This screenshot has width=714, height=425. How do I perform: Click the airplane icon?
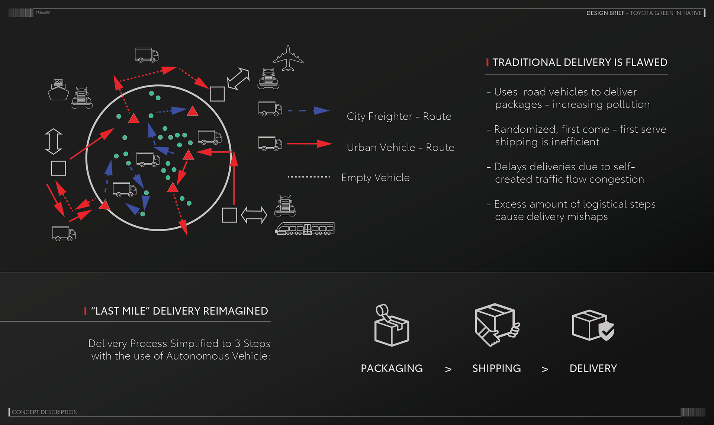[x=288, y=58]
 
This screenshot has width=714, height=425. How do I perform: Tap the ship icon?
[x=58, y=90]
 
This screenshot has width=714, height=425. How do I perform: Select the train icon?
[x=305, y=228]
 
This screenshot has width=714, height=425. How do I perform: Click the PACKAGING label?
[x=392, y=368]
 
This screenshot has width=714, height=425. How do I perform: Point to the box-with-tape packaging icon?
[x=391, y=325]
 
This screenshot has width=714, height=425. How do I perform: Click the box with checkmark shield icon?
[x=593, y=325]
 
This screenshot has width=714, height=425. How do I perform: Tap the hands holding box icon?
[x=496, y=325]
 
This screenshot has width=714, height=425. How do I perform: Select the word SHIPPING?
[x=496, y=368]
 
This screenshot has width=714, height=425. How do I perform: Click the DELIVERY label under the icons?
[x=593, y=368]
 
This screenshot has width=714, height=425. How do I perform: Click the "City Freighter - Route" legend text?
[x=399, y=117]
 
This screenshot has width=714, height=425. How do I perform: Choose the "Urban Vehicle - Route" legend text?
[x=401, y=148]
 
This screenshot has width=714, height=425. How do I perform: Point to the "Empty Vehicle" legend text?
[x=376, y=178]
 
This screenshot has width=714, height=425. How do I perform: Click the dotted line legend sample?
[x=309, y=177]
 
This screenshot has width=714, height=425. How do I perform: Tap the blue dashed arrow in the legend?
[x=309, y=110]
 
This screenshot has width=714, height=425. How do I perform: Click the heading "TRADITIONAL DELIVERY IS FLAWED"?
[x=580, y=62]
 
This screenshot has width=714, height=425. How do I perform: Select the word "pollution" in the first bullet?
[x=630, y=105]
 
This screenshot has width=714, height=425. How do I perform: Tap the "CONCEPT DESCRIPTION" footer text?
[x=45, y=412]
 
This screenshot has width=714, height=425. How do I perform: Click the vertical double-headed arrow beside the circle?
[x=53, y=141]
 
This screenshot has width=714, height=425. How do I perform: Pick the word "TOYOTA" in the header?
[x=641, y=13]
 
